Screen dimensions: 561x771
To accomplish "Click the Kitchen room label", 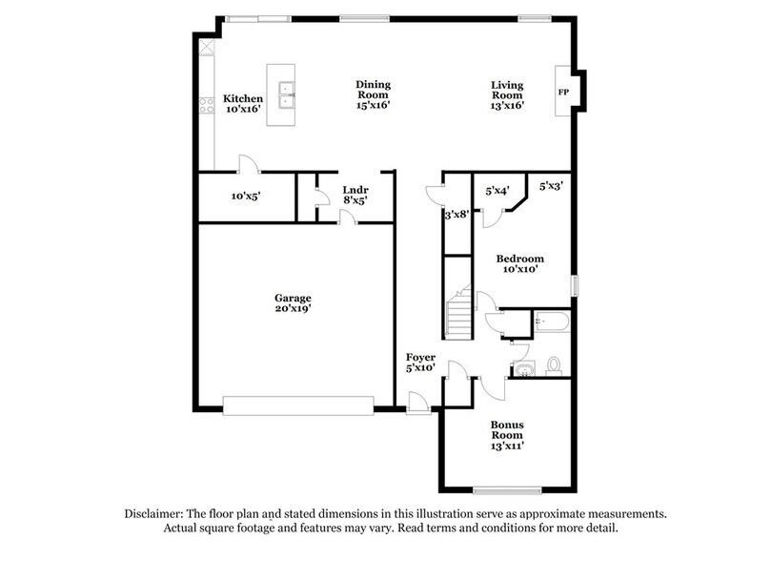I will (243, 98).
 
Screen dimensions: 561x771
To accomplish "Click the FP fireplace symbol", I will (563, 92).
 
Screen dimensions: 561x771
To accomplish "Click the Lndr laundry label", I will (355, 191).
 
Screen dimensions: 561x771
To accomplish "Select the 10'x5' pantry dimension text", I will (246, 197).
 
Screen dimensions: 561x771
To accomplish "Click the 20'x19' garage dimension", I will (293, 309).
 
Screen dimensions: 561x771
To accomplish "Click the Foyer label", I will (420, 358).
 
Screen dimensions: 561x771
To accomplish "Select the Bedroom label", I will (520, 259).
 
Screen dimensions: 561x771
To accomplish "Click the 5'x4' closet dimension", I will (497, 190).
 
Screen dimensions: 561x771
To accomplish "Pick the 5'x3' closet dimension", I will (551, 186).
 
